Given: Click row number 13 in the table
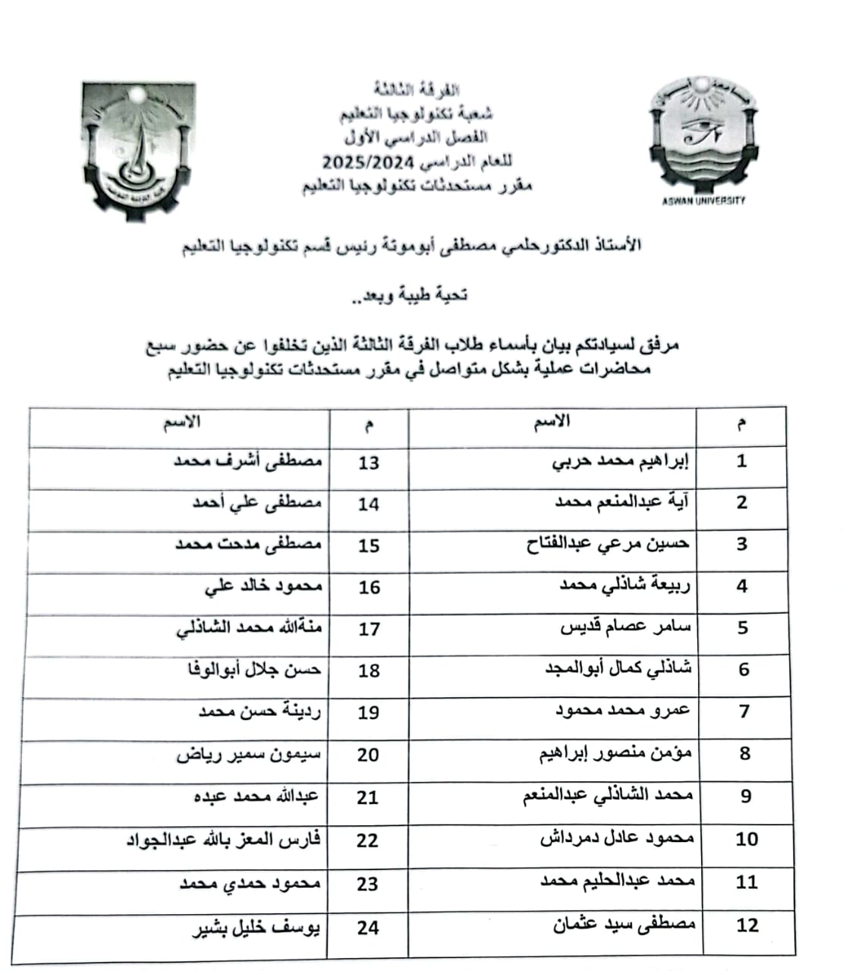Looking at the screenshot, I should [x=369, y=462].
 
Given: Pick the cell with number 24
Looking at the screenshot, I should [x=368, y=928].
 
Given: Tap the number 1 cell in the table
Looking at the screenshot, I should [x=741, y=460].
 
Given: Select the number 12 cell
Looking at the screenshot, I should [x=747, y=925].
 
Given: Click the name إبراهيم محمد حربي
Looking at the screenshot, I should [x=621, y=461].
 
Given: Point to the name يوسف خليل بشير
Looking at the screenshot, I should [x=255, y=929].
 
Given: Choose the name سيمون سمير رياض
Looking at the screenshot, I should [x=249, y=756].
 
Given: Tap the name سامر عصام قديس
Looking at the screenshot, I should [x=625, y=628].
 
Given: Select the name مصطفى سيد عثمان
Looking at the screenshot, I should [x=613, y=925].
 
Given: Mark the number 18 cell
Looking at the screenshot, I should [x=369, y=671].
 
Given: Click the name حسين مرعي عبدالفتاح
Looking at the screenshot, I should [x=608, y=545].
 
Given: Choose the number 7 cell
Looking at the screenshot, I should [x=744, y=712].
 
